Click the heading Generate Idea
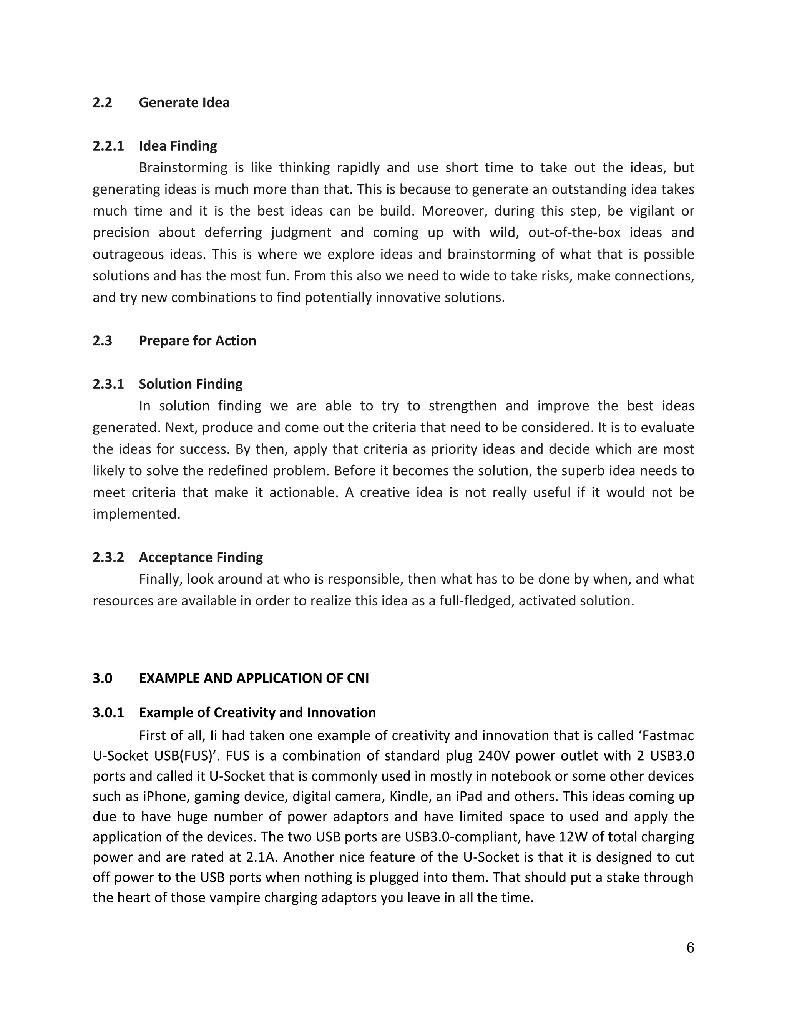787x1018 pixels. pyautogui.click(x=184, y=103)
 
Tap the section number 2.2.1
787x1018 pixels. pyautogui.click(x=108, y=146)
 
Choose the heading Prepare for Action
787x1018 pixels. pyautogui.click(x=197, y=341)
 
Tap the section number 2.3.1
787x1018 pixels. pyautogui.click(x=108, y=384)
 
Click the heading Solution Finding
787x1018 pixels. pyautogui.click(x=191, y=384)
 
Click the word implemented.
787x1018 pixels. pyautogui.click(x=136, y=514)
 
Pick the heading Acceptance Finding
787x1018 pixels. pyautogui.click(x=201, y=557)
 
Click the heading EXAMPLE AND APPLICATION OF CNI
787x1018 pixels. pyautogui.click(x=254, y=678)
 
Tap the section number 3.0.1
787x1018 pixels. pyautogui.click(x=108, y=713)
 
